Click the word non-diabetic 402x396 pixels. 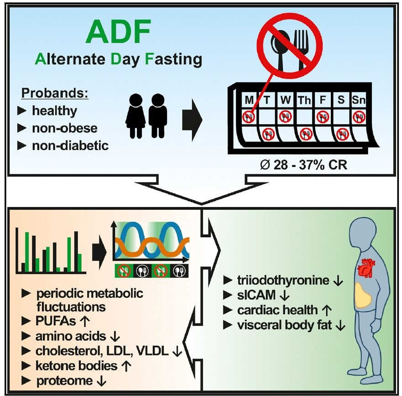(71, 146)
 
